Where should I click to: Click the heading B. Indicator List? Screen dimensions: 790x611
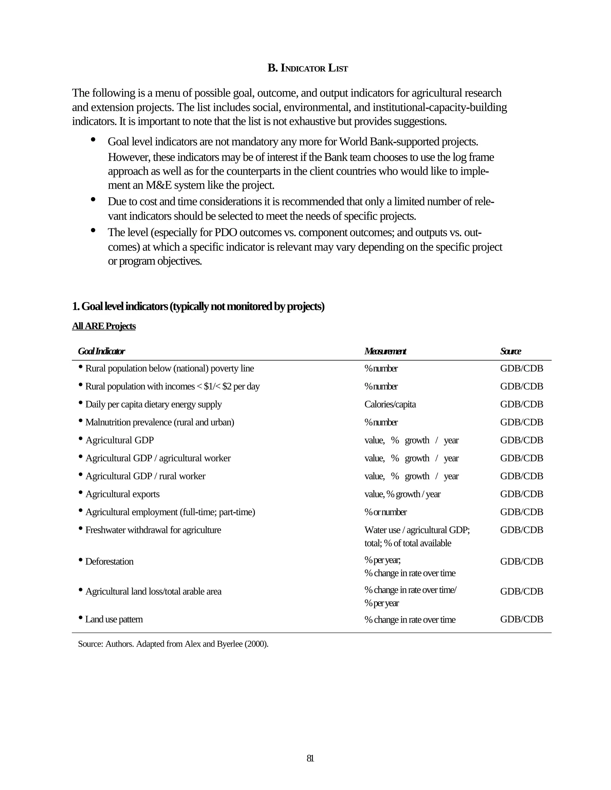pyautogui.click(x=307, y=68)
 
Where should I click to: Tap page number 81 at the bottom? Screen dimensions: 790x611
pyautogui.click(x=310, y=758)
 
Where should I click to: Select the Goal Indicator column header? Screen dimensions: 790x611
pyautogui.click(x=101, y=351)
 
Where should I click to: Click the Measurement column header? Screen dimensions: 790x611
pyautogui.click(x=385, y=351)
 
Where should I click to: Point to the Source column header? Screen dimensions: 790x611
pyautogui.click(x=510, y=351)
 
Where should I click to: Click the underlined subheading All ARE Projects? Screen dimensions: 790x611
pyautogui.click(x=104, y=326)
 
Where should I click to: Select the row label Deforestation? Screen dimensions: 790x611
pyautogui.click(x=109, y=561)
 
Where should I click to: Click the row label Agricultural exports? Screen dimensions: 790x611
pyautogui.click(x=122, y=494)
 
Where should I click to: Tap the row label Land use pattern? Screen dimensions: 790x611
pyautogui.click(x=114, y=619)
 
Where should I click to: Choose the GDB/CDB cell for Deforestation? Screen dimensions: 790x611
pyautogui.click(x=521, y=561)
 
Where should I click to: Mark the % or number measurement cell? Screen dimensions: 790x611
pyautogui.click(x=385, y=512)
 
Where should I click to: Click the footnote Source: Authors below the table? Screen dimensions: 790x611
pyautogui.click(x=173, y=644)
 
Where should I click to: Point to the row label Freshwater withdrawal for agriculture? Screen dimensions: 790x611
pyautogui.click(x=153, y=530)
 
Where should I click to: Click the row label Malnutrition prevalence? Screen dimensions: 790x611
pyautogui.click(x=160, y=422)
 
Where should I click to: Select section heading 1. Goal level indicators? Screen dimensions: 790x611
pyautogui.click(x=198, y=306)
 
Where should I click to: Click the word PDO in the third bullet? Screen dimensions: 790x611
pyautogui.click(x=226, y=232)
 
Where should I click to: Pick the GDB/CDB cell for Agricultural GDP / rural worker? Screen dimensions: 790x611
pyautogui.click(x=521, y=476)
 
